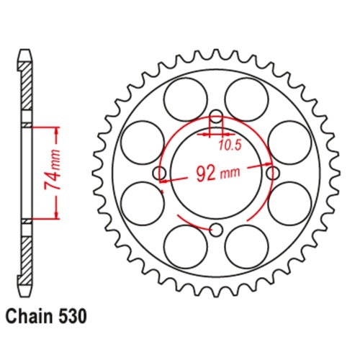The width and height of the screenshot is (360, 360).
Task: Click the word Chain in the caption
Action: pos(28,315)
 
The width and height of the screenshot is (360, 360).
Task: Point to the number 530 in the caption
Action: pos(73,315)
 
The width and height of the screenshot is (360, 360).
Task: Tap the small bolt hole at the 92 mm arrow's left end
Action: pos(160,174)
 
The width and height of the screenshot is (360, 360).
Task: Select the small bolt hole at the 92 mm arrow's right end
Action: pos(272,174)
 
